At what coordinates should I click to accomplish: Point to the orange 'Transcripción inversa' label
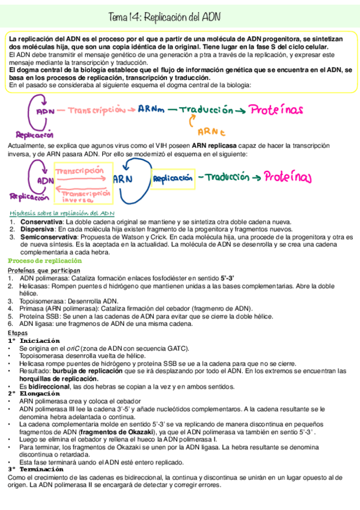point(84,197)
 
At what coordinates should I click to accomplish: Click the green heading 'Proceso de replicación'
point(44,260)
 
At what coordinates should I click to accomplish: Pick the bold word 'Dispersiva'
point(34,230)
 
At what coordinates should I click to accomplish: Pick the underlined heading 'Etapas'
point(17,333)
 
